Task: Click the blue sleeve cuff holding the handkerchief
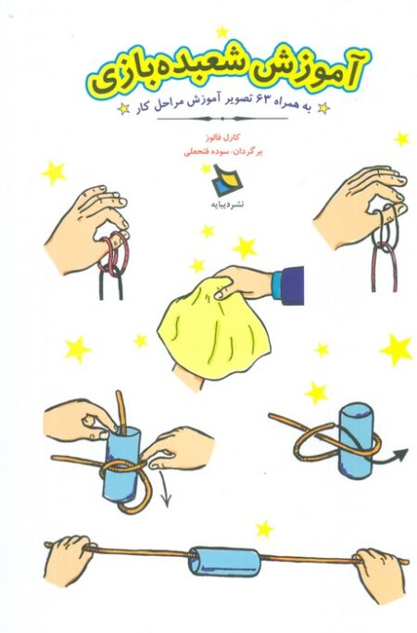pyautogui.click(x=287, y=285)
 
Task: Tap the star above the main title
pyautogui.click(x=222, y=32)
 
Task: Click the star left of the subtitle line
pyautogui.click(x=123, y=109)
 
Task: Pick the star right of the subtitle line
pyautogui.click(x=323, y=108)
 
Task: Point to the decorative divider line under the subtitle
pyautogui.click(x=222, y=119)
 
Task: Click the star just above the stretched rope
pyautogui.click(x=264, y=529)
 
